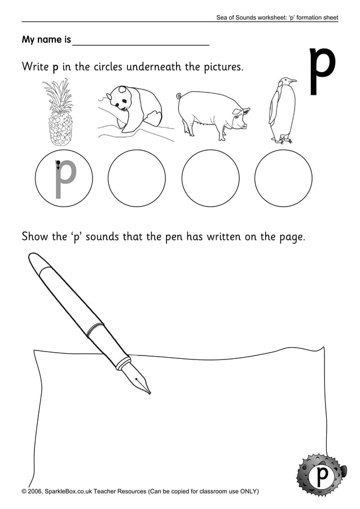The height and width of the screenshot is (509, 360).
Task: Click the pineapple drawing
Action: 58,113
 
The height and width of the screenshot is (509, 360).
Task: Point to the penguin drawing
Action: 280,110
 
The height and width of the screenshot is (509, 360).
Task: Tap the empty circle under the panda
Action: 136,178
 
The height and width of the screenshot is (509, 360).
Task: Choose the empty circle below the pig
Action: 210,178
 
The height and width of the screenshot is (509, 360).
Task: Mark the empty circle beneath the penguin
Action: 283,178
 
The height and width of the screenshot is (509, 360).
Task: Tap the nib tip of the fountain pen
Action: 150,393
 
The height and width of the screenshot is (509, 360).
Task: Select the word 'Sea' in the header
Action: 222,18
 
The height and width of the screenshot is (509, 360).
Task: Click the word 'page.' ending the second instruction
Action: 292,236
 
